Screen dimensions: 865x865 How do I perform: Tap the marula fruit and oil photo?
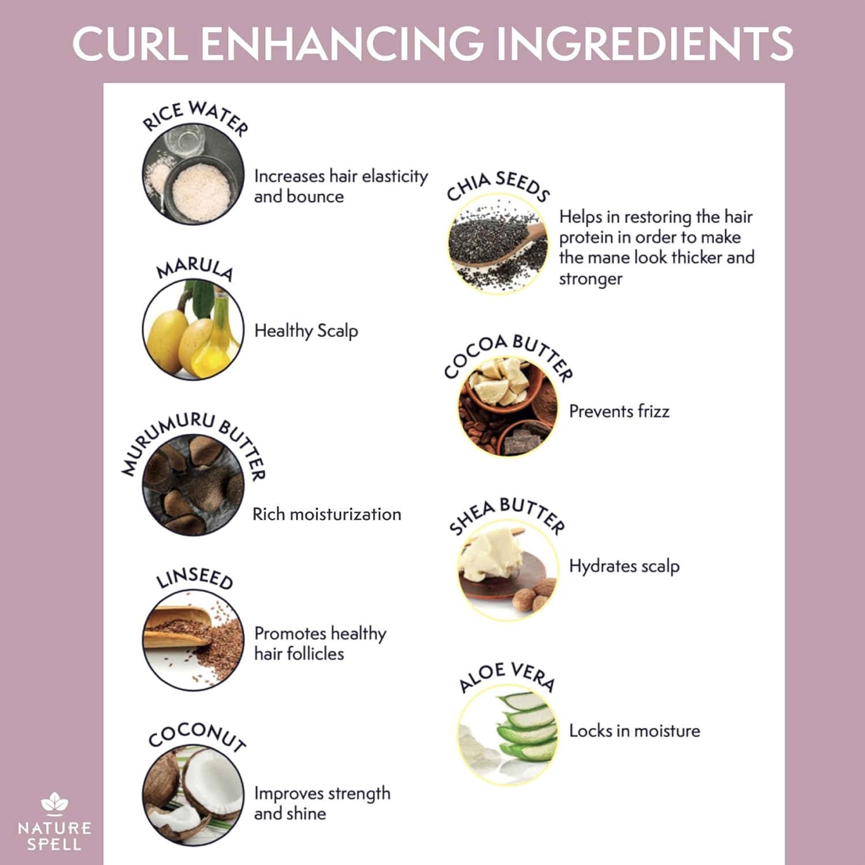tap(193, 330)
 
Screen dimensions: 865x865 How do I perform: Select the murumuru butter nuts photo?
tap(193, 484)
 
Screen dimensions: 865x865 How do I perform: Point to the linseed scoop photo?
tap(193, 640)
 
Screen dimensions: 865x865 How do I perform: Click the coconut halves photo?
tap(193, 796)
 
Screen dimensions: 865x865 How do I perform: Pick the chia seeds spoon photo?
tap(498, 243)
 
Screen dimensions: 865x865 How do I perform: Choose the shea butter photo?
tap(508, 571)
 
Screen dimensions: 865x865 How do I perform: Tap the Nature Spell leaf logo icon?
tap(55, 803)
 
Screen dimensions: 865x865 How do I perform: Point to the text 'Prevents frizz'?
tap(619, 411)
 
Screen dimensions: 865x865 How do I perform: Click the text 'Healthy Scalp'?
tap(306, 331)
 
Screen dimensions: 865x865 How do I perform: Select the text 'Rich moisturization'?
tap(326, 514)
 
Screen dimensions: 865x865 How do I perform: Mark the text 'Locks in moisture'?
tap(634, 731)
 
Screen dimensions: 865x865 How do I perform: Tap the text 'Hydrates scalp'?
tap(624, 566)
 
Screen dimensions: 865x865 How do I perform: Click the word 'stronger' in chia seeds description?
tap(591, 279)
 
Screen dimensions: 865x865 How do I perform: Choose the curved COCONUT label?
tap(197, 735)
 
